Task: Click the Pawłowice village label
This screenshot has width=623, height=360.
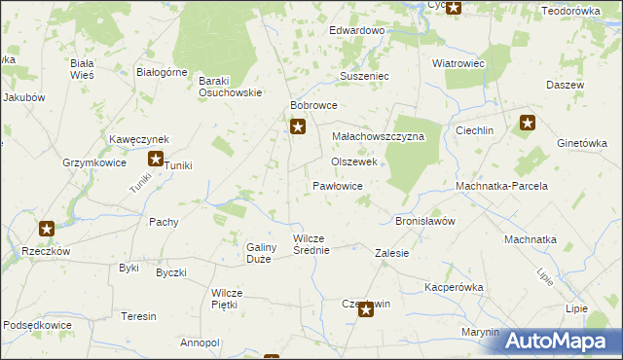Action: [338, 185]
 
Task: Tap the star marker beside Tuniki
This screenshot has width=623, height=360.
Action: [156, 159]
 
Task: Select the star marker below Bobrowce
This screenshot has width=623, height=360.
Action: [299, 126]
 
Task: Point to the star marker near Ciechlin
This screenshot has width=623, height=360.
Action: [528, 123]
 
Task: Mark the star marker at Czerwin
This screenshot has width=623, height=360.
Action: [366, 310]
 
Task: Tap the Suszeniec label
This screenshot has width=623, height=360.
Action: [364, 75]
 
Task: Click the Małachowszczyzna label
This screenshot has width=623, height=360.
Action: [379, 137]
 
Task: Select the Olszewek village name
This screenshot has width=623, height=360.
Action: [354, 162]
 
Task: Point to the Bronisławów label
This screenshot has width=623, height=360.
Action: [425, 221]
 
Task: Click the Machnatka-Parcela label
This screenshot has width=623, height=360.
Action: [502, 186]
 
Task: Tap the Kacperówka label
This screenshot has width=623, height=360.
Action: [454, 288]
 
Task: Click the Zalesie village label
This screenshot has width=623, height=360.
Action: [392, 253]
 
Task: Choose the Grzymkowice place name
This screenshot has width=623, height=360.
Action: [94, 163]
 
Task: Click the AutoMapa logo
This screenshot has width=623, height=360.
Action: [561, 341]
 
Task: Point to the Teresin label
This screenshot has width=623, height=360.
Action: [138, 317]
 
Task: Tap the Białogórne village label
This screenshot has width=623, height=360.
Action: [162, 71]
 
